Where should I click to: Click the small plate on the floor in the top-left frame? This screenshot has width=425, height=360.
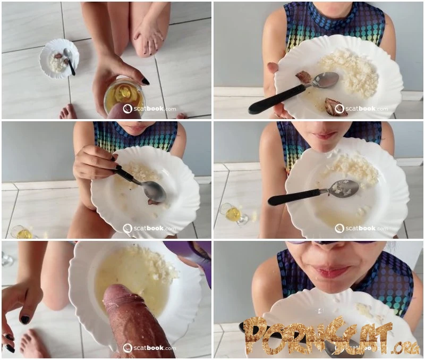(x=59, y=59)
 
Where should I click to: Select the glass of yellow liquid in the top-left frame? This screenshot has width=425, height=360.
(x=124, y=98)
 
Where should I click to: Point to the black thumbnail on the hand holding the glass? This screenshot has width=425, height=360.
(x=145, y=81)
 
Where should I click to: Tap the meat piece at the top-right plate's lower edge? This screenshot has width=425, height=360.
(x=336, y=107)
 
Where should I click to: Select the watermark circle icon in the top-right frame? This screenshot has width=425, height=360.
(x=339, y=109)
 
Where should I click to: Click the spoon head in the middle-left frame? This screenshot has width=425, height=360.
(x=155, y=191)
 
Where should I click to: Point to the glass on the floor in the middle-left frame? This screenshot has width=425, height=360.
(x=22, y=232)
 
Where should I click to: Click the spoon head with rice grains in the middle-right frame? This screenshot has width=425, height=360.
(x=344, y=188)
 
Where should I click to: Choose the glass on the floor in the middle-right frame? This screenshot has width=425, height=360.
(x=234, y=214)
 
